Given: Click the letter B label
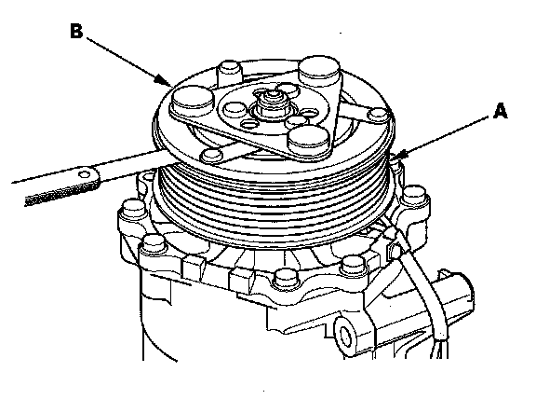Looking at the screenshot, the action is pos(76,31).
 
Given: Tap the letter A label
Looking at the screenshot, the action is pos(501,112).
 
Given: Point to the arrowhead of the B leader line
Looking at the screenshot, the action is pos(164,81).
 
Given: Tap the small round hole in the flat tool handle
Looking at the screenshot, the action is pos(84,175).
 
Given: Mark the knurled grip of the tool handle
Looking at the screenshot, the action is pos(60,195).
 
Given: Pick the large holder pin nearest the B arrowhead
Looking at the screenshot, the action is pos(193,102).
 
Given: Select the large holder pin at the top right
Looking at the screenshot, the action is pos(319,71).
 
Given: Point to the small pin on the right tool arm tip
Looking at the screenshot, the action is pos(379,115).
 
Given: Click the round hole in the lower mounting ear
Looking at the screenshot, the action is pos(345,337).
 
